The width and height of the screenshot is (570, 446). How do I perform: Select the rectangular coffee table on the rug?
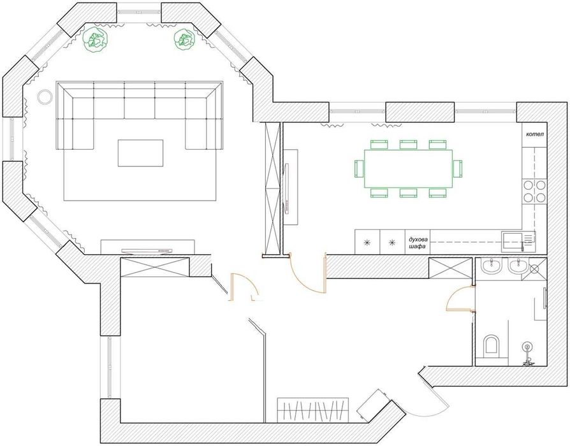click(x=140, y=153)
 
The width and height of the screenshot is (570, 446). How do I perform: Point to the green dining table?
click(x=409, y=168)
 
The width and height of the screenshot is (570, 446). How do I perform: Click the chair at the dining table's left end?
click(x=359, y=168)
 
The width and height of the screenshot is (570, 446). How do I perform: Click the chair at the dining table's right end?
click(x=458, y=168)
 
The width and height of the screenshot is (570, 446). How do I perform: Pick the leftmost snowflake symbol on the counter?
click(x=367, y=243)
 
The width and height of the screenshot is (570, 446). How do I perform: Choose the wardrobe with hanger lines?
click(x=314, y=408)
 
